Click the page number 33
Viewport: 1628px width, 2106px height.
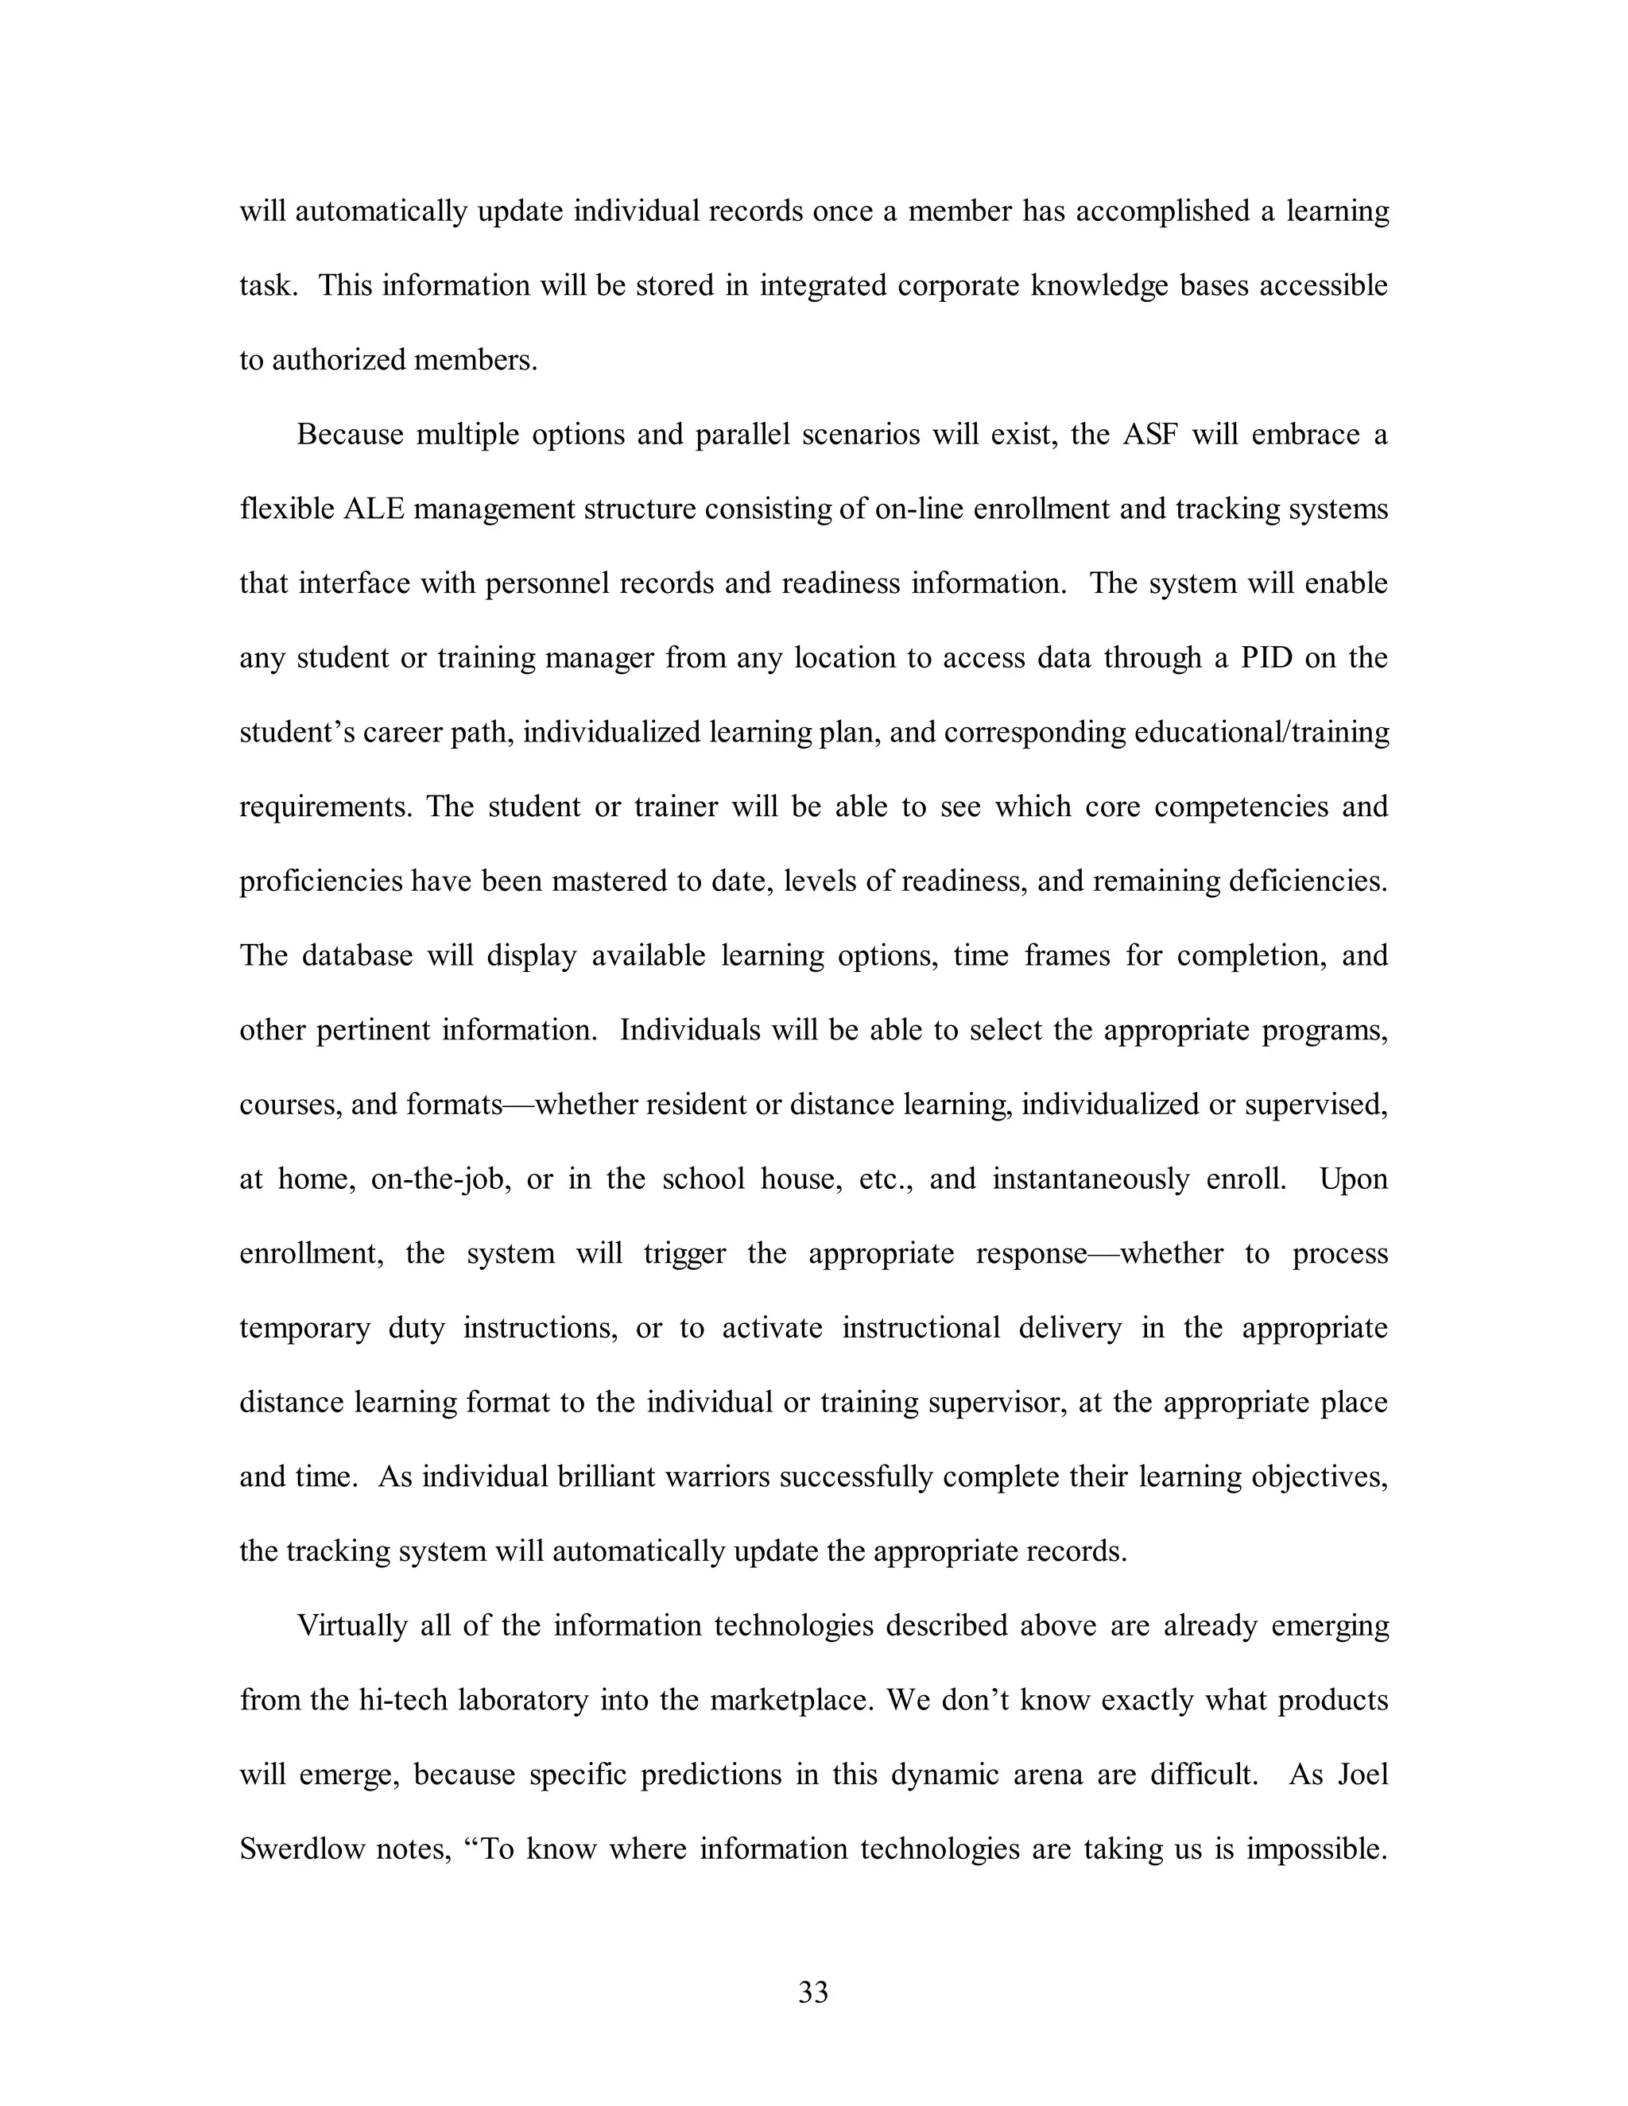813,1992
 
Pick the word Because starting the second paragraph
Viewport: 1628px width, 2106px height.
350,435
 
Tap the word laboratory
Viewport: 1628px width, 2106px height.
523,1699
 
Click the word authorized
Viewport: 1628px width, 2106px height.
336,361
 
